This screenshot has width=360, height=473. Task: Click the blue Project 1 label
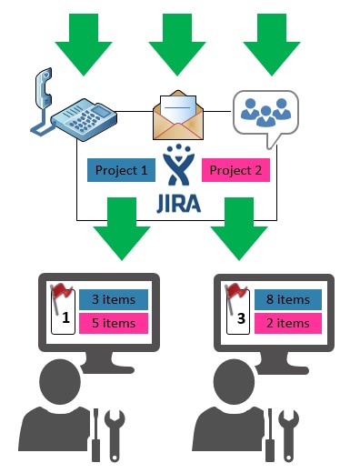pos(121,170)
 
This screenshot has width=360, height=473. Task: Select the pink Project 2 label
pos(235,170)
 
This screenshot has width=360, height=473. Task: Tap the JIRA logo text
pos(178,203)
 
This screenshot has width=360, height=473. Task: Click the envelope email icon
pos(178,116)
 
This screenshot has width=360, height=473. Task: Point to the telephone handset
pos(44,88)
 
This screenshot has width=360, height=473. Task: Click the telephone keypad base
pos(84,119)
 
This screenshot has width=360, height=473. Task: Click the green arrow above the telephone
pos(84,45)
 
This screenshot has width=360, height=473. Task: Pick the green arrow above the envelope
pos(177,45)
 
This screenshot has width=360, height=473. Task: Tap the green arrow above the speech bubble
pos(272,45)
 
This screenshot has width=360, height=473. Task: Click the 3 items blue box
pos(114,299)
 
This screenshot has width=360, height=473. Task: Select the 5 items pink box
pos(114,323)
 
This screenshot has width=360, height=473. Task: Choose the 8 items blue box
pos(288,299)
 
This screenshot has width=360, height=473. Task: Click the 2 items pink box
pos(288,323)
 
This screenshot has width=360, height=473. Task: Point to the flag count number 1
pos(65,317)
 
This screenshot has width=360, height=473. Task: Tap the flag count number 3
pos(241,318)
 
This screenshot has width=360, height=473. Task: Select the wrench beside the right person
pos(288,436)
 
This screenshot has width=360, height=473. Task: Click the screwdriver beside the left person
pos(95,435)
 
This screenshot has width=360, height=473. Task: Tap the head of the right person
pos(234,381)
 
